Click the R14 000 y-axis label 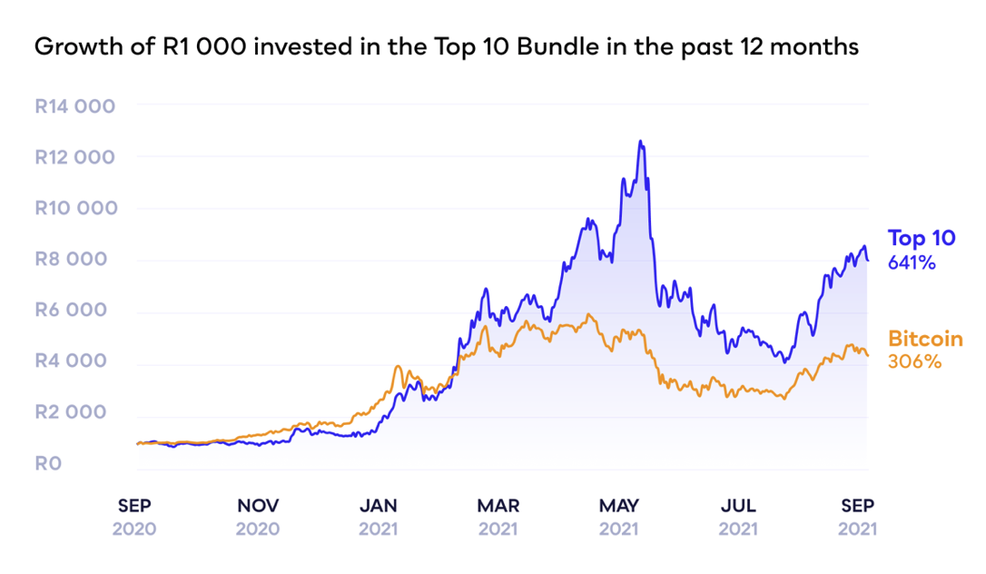click(74, 106)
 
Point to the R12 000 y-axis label click(74, 157)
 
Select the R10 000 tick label click(74, 208)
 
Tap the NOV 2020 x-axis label click(258, 516)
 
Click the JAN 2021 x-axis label click(378, 516)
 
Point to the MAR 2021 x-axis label click(498, 516)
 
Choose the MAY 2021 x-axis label click(619, 516)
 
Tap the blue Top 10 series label click(922, 239)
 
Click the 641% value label click(912, 263)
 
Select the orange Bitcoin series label click(925, 339)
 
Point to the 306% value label click(914, 362)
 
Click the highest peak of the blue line click(640, 142)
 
